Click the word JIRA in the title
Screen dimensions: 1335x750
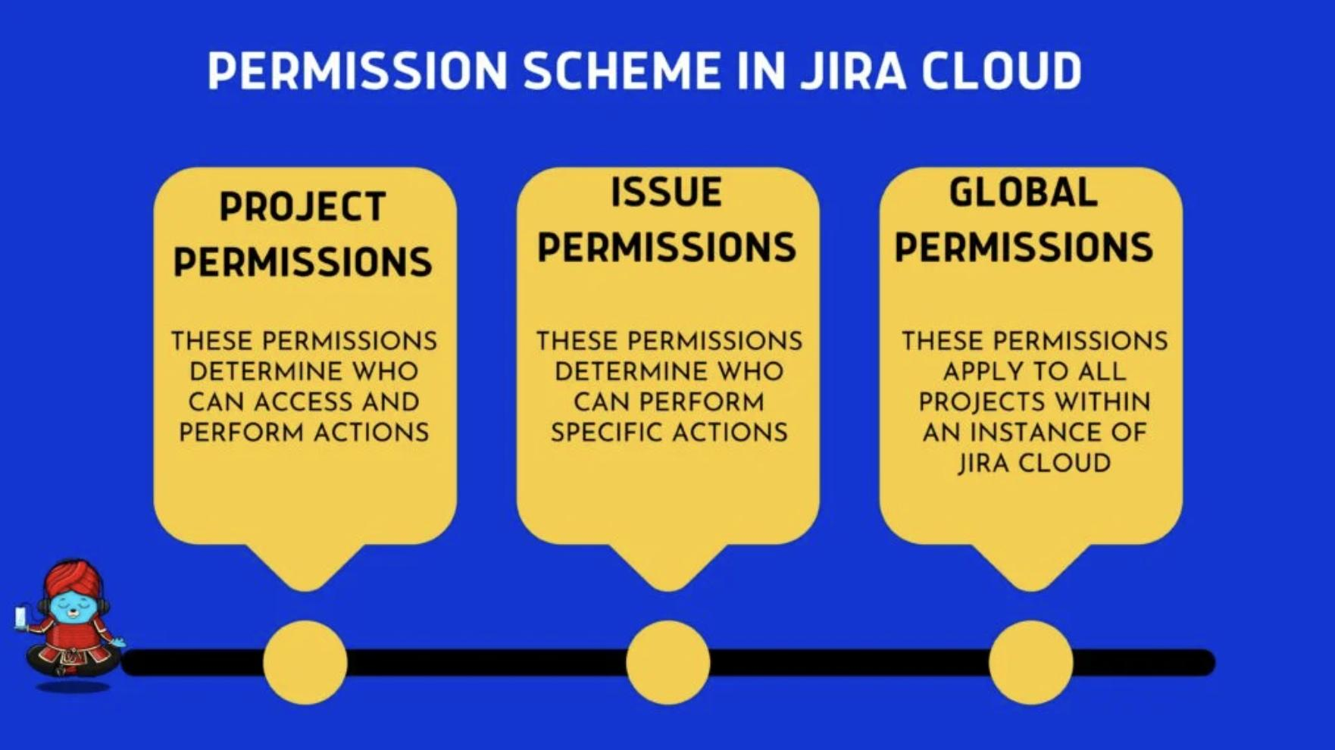coord(853,71)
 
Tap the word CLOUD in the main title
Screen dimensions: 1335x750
coord(1002,71)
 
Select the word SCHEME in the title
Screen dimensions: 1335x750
coord(622,71)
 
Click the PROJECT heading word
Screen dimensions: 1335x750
coord(303,207)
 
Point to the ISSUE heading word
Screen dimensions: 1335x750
coord(667,192)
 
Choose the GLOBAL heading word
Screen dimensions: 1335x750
coord(1024,192)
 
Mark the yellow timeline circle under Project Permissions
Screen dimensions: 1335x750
coord(305,662)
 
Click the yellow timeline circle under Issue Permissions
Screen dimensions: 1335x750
coord(668,662)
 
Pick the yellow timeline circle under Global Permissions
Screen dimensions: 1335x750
coord(1031,662)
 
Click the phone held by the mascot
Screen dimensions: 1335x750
coord(20,617)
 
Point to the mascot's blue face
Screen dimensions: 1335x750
coord(73,605)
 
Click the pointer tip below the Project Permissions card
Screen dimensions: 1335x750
coord(305,590)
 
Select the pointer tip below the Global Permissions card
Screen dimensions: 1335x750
coord(1031,590)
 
